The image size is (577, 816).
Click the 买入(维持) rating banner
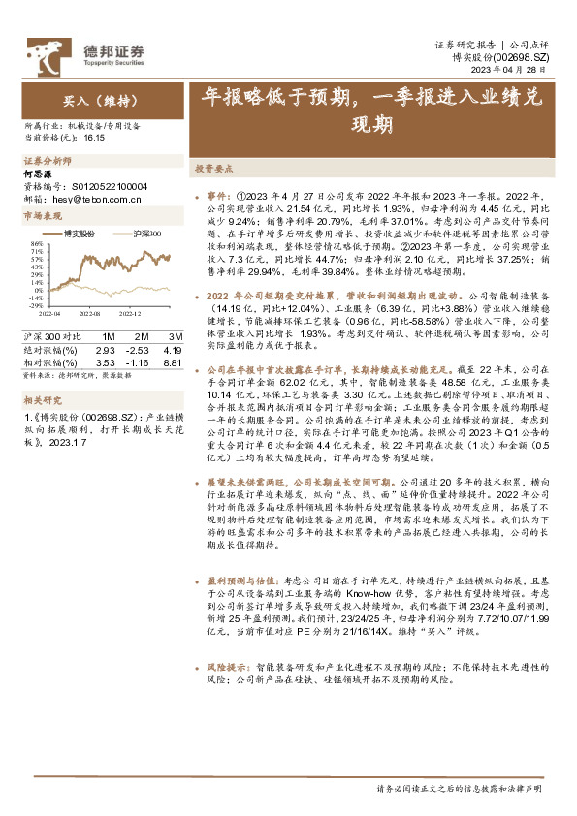coord(88,100)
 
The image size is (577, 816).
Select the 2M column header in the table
coord(140,335)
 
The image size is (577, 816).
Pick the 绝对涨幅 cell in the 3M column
coord(173,349)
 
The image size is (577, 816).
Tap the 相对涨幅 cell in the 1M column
coord(106,361)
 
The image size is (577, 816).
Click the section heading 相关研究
coord(42,398)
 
